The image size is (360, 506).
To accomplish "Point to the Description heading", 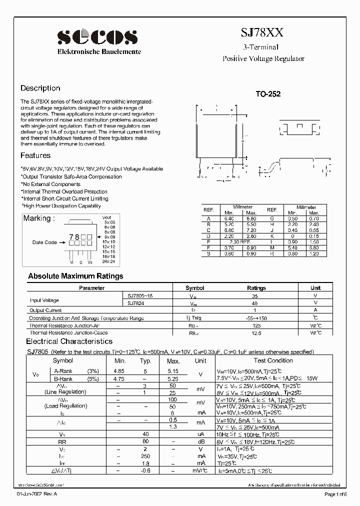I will (40, 88).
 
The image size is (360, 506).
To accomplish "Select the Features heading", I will (35, 155).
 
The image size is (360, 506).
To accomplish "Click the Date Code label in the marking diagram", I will (44, 242).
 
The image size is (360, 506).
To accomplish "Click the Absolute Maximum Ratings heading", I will (75, 276).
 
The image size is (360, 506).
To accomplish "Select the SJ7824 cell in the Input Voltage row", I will (137, 303).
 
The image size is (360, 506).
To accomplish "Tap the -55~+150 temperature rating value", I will (256, 318).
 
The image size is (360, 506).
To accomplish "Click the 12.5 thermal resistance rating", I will (256, 332).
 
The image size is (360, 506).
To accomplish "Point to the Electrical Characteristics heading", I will (69, 341).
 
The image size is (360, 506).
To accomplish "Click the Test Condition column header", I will (273, 360).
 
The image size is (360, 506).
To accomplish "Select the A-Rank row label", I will (63, 371).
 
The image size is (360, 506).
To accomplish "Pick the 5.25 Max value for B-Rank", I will (173, 379).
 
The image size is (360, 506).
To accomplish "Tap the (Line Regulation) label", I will (65, 392).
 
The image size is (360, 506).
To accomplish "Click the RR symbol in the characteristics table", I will (62, 441).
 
